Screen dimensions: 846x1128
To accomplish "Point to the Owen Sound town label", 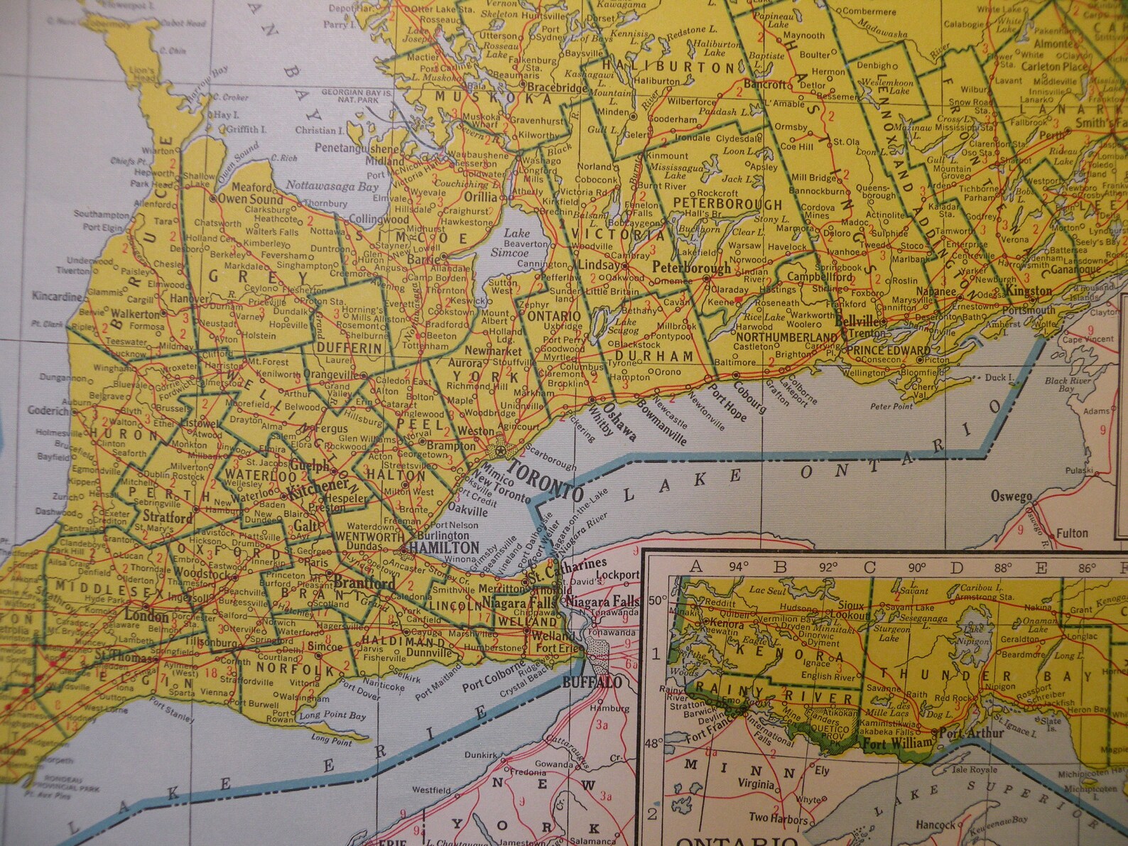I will (x=250, y=200).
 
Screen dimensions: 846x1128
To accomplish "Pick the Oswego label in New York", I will (x=1011, y=497).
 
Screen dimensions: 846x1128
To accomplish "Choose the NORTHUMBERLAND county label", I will (x=786, y=337).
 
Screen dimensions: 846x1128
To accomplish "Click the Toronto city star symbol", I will (x=501, y=450).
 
